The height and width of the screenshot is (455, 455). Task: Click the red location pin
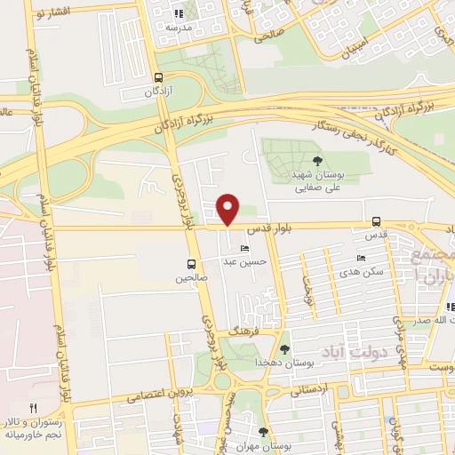[x=228, y=208]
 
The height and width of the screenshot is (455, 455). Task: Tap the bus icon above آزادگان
[x=158, y=77]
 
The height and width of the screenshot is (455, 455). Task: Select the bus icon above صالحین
[x=190, y=263]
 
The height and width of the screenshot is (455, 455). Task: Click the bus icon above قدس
[x=376, y=222]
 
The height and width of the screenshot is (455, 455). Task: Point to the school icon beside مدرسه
[x=178, y=13]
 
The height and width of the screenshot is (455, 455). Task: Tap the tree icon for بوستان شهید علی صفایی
[x=317, y=161]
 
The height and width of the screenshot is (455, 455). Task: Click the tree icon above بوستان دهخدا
[x=284, y=349]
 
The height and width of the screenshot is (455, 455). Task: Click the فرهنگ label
[x=242, y=330]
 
